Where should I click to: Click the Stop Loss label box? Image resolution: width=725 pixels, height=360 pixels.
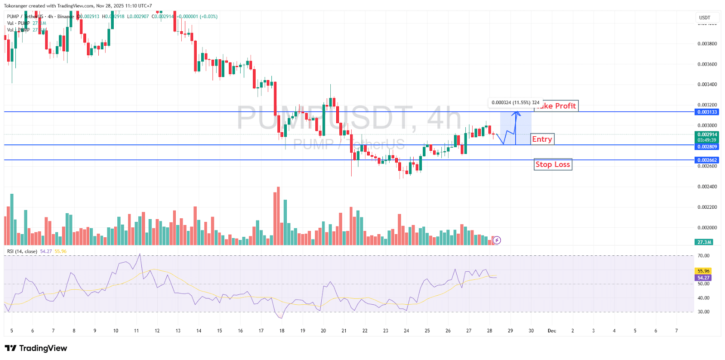click(553, 164)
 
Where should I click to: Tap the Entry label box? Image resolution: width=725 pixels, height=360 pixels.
click(542, 139)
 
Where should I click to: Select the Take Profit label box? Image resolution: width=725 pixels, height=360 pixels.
click(559, 106)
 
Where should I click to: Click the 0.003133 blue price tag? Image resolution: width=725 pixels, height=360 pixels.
click(707, 112)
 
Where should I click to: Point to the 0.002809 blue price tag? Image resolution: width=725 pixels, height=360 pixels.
click(707, 147)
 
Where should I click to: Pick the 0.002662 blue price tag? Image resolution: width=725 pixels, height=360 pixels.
click(707, 160)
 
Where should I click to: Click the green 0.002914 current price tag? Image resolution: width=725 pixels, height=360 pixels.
click(707, 135)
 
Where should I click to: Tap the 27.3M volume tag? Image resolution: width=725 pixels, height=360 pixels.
click(704, 242)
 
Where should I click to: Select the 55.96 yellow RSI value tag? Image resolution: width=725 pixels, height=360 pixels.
click(703, 271)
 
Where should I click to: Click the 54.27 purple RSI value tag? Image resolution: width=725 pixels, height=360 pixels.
click(703, 278)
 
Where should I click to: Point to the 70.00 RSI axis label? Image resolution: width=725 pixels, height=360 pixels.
click(703, 256)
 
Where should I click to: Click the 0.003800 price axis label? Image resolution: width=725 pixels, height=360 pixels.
click(707, 44)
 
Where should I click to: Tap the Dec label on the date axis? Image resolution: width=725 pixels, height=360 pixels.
click(551, 331)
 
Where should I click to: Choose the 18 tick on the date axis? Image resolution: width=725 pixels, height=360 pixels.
click(282, 331)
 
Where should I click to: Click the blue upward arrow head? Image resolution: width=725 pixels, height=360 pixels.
click(516, 113)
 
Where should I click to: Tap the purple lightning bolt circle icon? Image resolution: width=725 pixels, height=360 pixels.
click(497, 240)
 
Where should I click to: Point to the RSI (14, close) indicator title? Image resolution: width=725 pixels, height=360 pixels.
click(22, 251)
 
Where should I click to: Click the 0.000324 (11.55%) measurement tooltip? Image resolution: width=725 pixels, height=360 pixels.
click(515, 103)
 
